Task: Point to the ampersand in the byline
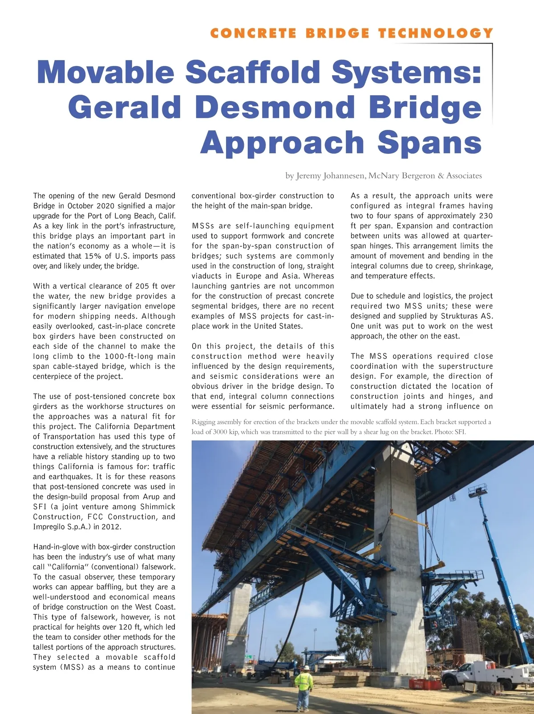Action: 441,176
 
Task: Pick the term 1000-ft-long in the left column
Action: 127,357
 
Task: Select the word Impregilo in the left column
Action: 49,527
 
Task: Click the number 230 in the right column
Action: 484,216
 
